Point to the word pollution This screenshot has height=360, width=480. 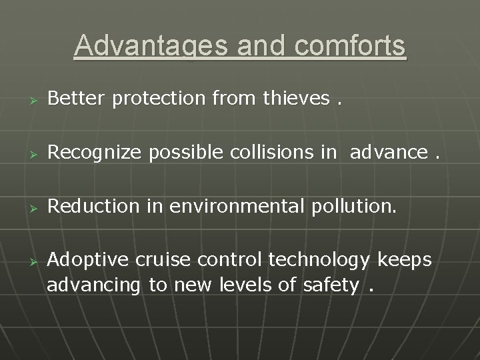pos(353,207)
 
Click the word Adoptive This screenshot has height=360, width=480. pos(91,259)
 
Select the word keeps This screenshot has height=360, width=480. pos(407,260)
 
